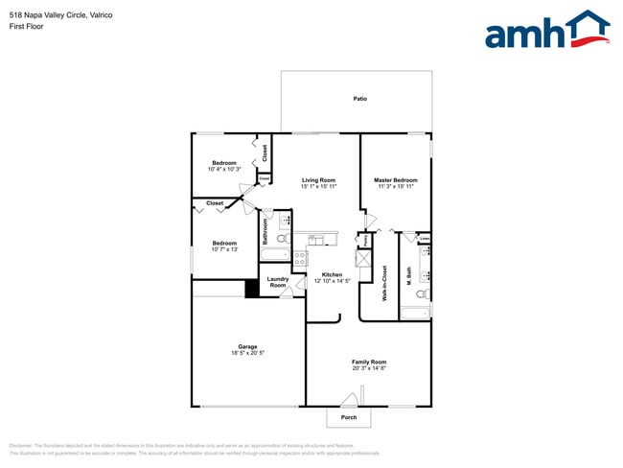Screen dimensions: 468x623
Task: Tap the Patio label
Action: (x=359, y=99)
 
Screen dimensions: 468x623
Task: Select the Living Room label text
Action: (x=318, y=180)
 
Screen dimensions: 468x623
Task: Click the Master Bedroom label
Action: (x=395, y=180)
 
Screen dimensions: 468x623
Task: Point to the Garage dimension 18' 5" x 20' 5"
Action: (x=247, y=353)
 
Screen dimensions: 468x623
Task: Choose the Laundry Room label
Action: (x=278, y=283)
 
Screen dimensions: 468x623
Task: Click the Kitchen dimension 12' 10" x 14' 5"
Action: (x=332, y=281)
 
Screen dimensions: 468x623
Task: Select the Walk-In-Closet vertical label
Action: (x=384, y=283)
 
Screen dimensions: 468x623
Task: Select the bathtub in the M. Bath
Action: (x=415, y=314)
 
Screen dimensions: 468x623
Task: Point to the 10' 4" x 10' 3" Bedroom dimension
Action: (x=223, y=170)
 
